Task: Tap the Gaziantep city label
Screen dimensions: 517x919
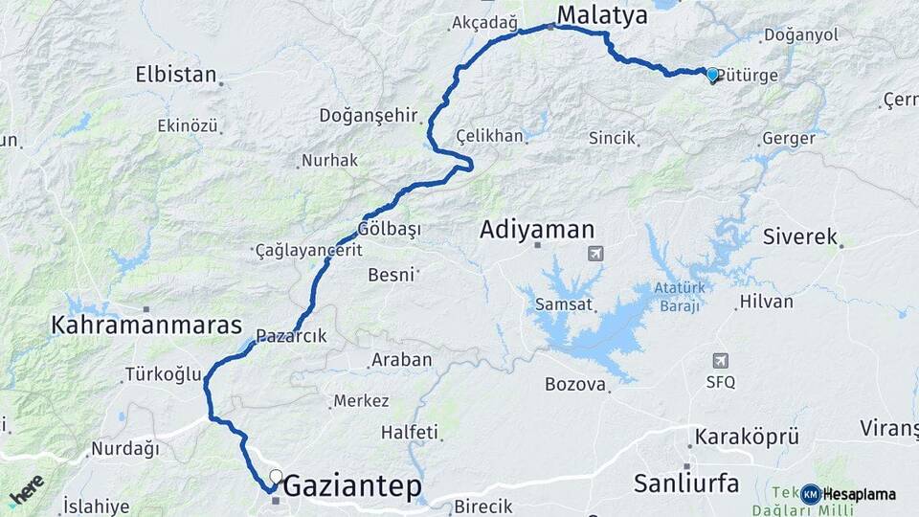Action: point(351,487)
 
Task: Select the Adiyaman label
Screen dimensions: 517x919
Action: point(537,230)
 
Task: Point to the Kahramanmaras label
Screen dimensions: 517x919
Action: point(146,326)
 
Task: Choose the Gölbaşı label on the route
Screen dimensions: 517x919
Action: point(389,230)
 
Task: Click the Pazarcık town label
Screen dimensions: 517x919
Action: point(291,336)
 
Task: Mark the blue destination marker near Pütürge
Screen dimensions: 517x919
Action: point(711,75)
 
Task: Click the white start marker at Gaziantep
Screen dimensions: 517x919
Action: point(276,476)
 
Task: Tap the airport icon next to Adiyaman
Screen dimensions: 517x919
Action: point(595,254)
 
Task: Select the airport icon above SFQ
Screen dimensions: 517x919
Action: point(721,361)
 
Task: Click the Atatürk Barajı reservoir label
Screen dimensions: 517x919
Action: point(679,296)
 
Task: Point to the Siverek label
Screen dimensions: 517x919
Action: point(800,236)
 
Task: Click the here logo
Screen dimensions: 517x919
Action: point(26,489)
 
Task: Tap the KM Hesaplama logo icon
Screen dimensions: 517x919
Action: point(811,494)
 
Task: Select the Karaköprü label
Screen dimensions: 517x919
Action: point(746,436)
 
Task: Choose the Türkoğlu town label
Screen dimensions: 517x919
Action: point(163,374)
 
